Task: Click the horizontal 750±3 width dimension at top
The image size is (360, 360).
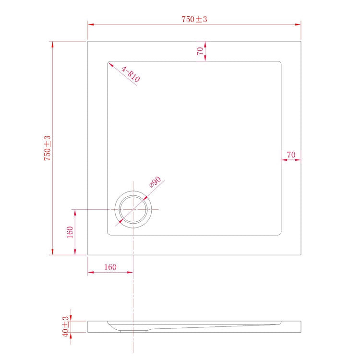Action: tap(194, 19)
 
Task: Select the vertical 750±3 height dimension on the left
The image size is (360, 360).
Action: tap(48, 148)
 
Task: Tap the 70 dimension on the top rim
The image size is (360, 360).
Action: tap(200, 51)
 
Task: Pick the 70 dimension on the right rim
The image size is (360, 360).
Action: tap(291, 155)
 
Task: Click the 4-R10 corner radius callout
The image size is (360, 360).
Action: tap(130, 75)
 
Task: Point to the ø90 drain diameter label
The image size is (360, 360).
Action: tap(155, 183)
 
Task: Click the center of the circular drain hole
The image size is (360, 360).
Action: tap(133, 210)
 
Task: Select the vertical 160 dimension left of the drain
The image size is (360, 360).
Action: tap(70, 232)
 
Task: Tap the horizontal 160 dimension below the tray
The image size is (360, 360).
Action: tap(110, 267)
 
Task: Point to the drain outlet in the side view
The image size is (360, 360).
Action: tap(133, 330)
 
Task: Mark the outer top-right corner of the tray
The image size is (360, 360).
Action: tap(300, 41)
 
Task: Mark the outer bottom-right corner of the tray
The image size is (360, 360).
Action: tap(300, 255)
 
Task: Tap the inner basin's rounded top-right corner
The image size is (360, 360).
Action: tap(279, 62)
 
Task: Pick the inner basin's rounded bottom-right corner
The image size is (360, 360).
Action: tap(279, 234)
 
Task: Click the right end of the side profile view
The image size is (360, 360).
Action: tap(300, 326)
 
